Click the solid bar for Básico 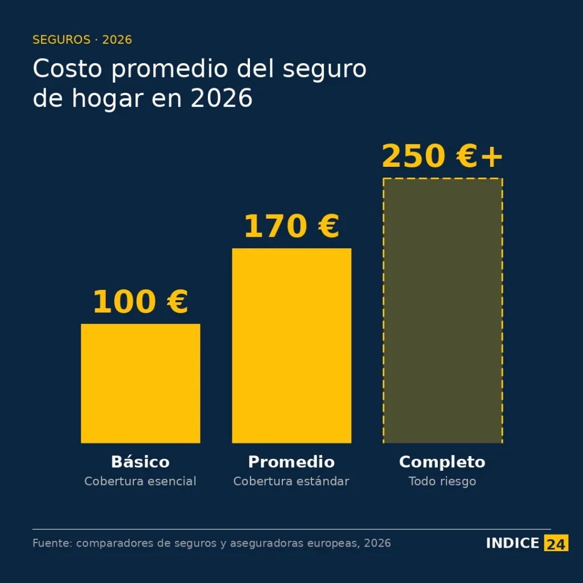tap(141, 383)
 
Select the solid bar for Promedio tap(291, 346)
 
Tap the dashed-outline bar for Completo tap(442, 310)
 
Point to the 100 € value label tap(140, 302)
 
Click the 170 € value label tap(291, 226)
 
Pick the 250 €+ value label tap(442, 156)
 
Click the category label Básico tap(140, 461)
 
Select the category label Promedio tap(291, 461)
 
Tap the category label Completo tap(442, 461)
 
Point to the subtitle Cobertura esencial tap(140, 481)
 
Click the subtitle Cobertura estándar tap(291, 481)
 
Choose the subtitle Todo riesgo tap(442, 481)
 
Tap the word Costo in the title tap(67, 69)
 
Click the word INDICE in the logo tap(512, 543)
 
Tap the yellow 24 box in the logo tap(556, 544)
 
